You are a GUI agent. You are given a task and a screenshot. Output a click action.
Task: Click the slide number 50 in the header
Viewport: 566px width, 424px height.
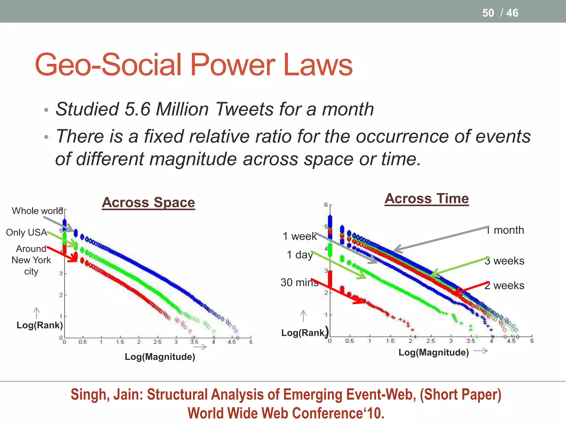click(x=488, y=13)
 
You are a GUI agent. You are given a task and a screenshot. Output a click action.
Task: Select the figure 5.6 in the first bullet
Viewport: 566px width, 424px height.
click(x=137, y=109)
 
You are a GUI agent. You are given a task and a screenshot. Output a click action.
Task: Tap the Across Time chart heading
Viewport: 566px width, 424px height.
click(x=426, y=198)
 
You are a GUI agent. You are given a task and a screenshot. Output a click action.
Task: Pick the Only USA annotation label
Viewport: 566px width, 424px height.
click(x=26, y=232)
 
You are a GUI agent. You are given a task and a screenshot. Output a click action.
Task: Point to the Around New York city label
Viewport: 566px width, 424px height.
click(x=31, y=260)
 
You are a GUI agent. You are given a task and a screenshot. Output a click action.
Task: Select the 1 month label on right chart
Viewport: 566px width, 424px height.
click(x=505, y=230)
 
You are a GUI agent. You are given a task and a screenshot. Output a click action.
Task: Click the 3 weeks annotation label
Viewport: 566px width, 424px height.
click(x=504, y=261)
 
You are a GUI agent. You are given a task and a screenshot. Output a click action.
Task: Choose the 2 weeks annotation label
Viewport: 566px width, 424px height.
click(x=504, y=285)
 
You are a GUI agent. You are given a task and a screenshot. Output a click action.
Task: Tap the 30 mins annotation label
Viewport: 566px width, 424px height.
click(x=299, y=282)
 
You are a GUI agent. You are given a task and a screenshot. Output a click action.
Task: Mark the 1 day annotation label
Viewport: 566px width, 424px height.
click(x=300, y=255)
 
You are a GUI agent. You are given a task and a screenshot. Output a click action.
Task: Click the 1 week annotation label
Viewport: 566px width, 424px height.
click(x=300, y=236)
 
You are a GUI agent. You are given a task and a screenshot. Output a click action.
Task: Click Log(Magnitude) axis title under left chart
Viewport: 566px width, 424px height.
click(x=160, y=357)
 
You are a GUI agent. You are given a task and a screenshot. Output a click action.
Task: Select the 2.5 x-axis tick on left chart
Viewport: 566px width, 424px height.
click(x=157, y=342)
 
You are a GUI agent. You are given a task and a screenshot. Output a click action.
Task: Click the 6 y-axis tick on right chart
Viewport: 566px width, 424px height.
click(x=326, y=205)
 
